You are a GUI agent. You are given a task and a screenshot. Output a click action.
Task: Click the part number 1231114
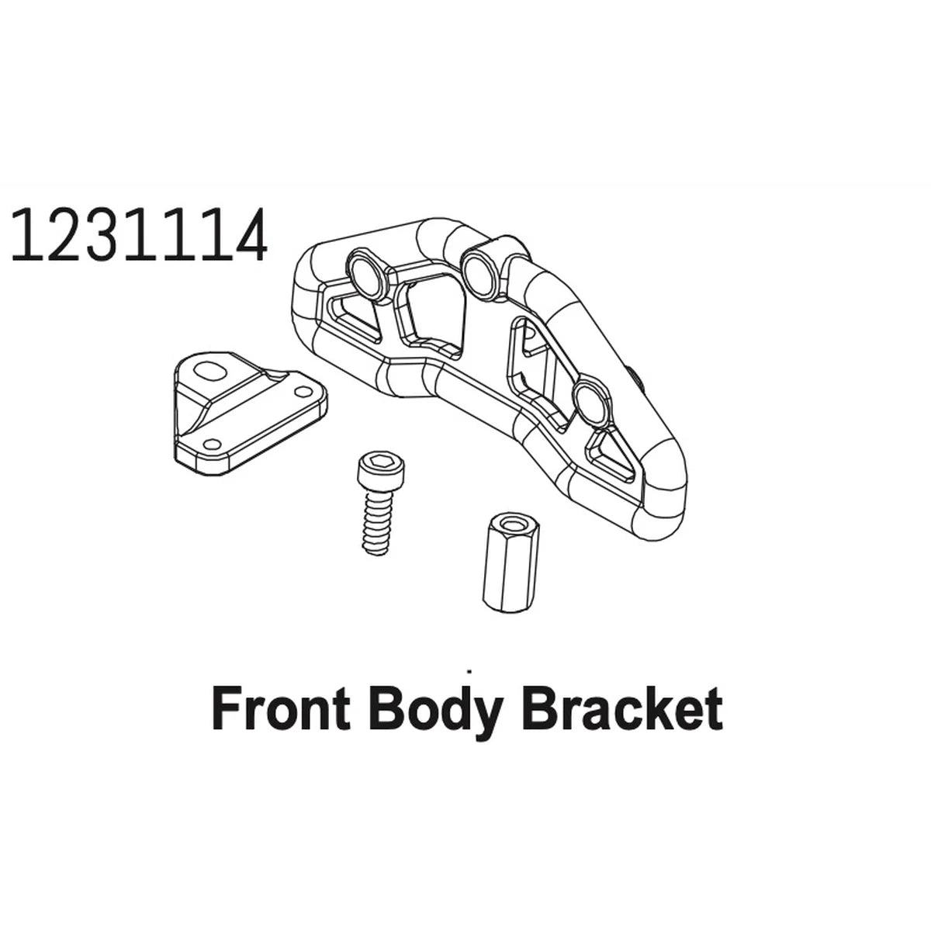click(139, 235)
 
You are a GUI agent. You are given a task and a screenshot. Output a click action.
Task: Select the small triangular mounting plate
click(250, 414)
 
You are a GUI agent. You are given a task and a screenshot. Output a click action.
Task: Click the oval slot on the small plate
click(209, 371)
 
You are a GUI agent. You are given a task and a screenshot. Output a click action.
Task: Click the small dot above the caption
click(470, 670)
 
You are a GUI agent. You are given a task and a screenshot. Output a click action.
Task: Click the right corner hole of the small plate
click(303, 391)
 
